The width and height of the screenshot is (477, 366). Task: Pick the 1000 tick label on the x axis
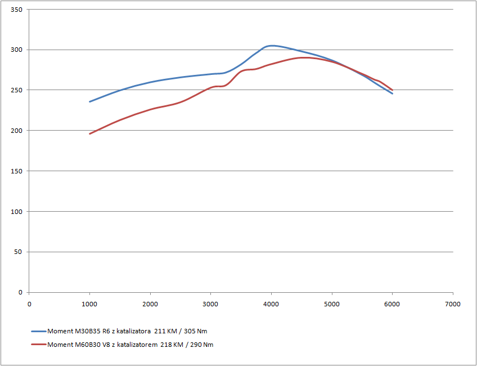89,303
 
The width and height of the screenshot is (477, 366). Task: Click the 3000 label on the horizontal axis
210,303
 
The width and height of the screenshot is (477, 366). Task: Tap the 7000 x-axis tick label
453,303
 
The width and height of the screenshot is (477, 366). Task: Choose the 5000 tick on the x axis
332,303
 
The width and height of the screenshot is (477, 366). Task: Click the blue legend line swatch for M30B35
39,331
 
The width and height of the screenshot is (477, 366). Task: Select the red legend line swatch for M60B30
39,345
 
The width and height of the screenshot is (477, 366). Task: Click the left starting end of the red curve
90,133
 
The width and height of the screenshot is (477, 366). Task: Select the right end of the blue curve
393,93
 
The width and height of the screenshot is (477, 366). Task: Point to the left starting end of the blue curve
90,101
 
